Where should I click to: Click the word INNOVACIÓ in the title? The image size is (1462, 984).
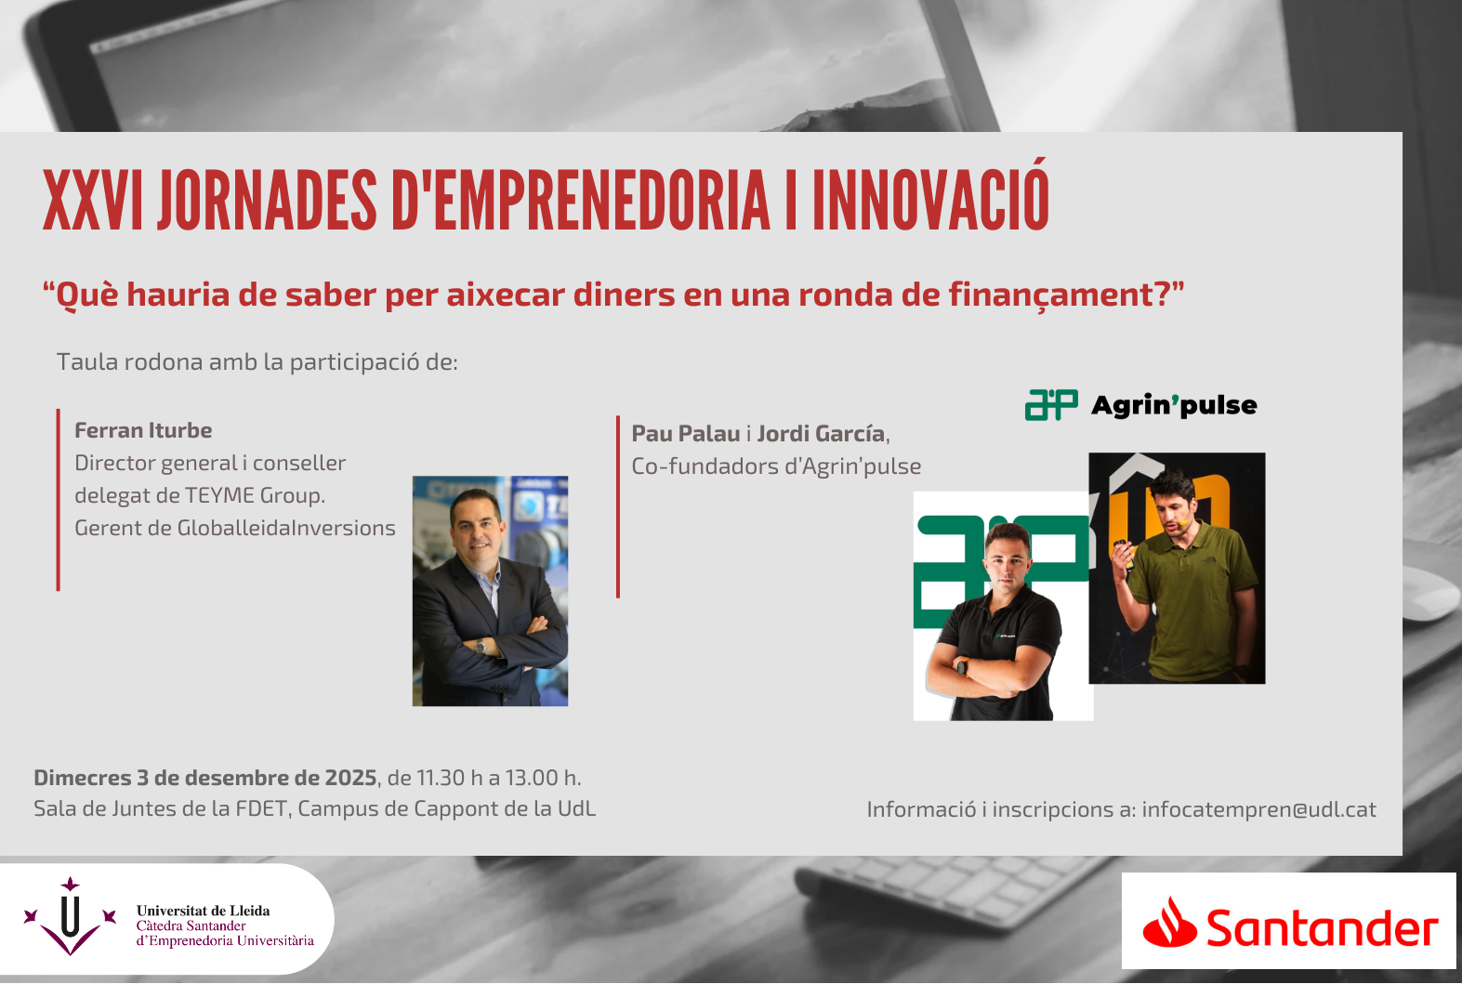[930, 200]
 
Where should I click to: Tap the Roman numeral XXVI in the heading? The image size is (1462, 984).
[92, 200]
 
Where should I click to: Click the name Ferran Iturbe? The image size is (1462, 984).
[143, 430]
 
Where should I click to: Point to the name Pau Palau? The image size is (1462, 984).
[686, 434]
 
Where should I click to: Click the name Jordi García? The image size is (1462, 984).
[821, 434]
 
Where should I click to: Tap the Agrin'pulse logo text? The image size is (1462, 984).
[1174, 405]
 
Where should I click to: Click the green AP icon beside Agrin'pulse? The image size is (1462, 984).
[1051, 405]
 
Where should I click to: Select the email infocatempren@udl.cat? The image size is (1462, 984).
[1258, 809]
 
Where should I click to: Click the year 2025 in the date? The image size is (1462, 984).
[350, 778]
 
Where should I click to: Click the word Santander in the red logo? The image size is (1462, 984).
[1322, 928]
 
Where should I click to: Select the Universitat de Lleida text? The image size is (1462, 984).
[203, 911]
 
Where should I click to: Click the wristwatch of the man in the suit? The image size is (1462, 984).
[481, 646]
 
